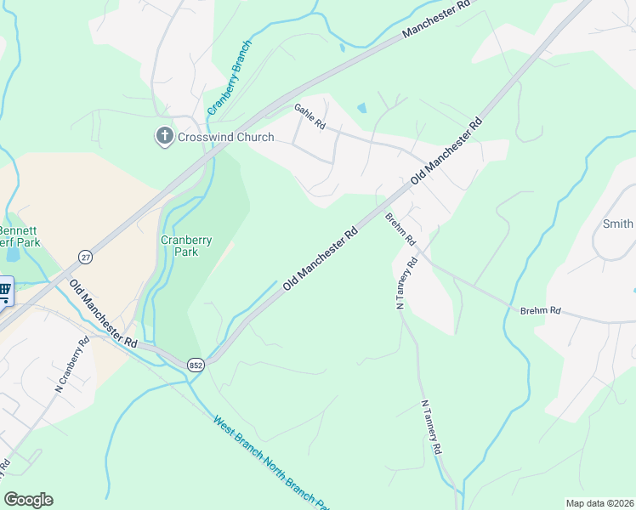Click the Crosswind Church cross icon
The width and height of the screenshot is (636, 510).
pos(164,136)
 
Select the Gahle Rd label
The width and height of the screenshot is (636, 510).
pos(310,116)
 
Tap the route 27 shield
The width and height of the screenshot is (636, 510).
pos(85,257)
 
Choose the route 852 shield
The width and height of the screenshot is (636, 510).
pos(196,364)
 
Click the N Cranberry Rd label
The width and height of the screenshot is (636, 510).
pos(73,365)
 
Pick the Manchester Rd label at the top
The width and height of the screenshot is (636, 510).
pos(436,19)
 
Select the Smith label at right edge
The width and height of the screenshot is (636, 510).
pos(618,224)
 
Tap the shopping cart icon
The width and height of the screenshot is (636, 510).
pos(4,292)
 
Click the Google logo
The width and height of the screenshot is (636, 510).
pos(28,500)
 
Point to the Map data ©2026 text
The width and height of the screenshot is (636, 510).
pos(599,503)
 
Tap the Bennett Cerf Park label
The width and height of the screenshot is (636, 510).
pos(20,236)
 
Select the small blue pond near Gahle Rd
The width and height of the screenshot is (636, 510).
pos(361,109)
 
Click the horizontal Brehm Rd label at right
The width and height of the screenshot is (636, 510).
pos(541,311)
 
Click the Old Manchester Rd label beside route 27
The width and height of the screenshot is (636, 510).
pos(104,313)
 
